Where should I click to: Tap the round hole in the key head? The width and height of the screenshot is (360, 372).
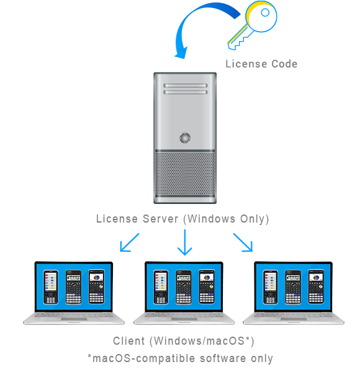(265, 12)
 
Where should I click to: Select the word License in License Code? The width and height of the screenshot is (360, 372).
(246, 64)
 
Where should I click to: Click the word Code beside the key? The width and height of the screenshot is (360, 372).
(284, 64)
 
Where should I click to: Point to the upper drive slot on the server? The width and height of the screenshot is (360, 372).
(185, 86)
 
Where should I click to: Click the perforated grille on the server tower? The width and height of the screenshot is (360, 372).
(185, 174)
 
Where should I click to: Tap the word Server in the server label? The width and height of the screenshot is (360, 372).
(160, 218)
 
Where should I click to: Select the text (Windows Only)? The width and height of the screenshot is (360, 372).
(226, 219)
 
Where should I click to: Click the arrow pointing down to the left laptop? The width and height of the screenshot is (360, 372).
(130, 242)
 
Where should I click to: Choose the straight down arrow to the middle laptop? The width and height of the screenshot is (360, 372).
(185, 242)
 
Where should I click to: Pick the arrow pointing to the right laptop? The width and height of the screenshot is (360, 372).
(243, 242)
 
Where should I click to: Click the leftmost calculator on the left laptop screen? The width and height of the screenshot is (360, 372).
(50, 287)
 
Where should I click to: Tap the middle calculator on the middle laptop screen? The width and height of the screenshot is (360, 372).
(183, 287)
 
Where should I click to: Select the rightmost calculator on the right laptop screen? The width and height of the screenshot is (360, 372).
(316, 286)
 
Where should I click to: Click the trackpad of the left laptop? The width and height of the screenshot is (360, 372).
(74, 319)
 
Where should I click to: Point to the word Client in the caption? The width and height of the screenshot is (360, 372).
(129, 341)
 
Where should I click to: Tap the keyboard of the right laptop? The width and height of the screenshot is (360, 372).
(294, 315)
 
